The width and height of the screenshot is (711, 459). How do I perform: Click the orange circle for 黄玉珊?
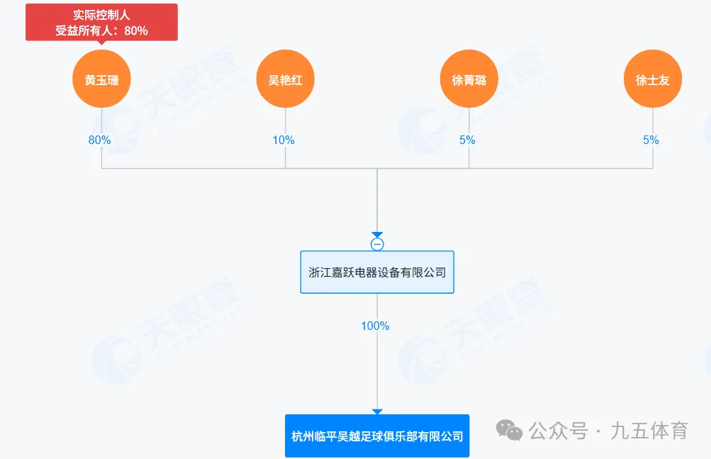[x=101, y=79]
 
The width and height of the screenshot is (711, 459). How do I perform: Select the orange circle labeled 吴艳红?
[x=285, y=79]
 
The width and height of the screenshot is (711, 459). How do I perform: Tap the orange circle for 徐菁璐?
[x=469, y=79]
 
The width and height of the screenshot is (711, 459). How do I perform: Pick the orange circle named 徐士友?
[x=652, y=79]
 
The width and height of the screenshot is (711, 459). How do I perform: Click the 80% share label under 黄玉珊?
[x=99, y=140]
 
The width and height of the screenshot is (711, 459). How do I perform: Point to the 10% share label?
[x=284, y=140]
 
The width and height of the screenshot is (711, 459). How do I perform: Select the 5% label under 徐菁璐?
[x=467, y=140]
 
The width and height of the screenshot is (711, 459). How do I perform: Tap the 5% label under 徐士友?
[x=651, y=140]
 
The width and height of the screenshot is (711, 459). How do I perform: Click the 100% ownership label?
[x=375, y=326]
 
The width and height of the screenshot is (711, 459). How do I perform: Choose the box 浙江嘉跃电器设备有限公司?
[x=377, y=272]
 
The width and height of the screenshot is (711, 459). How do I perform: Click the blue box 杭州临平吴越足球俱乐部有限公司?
[x=377, y=436]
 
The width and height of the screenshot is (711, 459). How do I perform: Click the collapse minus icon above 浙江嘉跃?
[x=377, y=244]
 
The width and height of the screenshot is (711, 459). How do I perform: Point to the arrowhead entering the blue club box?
[x=377, y=411]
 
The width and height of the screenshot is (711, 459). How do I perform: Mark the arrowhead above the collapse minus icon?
[x=377, y=235]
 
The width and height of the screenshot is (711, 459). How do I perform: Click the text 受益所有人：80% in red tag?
[x=101, y=31]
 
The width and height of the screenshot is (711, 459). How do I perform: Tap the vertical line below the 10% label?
[x=285, y=157]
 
